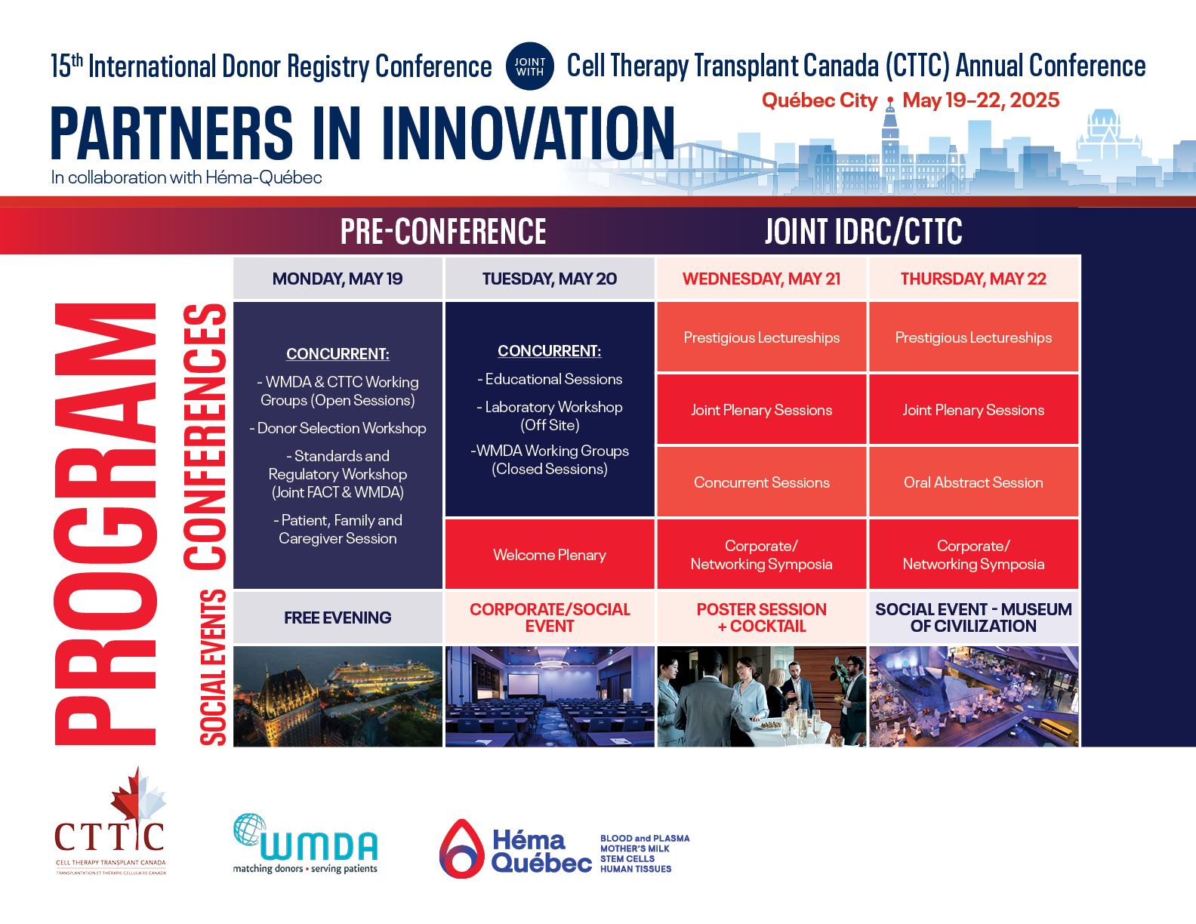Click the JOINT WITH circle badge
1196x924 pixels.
pyautogui.click(x=529, y=66)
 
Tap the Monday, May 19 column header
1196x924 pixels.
pyautogui.click(x=338, y=279)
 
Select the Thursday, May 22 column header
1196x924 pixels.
pyautogui.click(x=973, y=279)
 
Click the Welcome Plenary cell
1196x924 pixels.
pyautogui.click(x=549, y=554)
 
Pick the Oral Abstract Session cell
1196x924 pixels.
pyautogui.click(x=973, y=482)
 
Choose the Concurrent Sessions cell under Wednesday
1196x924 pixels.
pyautogui.click(x=761, y=482)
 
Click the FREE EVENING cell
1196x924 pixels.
pyautogui.click(x=338, y=618)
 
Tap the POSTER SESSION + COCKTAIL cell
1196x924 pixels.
pyautogui.click(x=761, y=618)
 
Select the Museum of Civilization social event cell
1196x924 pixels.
pyautogui.click(x=973, y=618)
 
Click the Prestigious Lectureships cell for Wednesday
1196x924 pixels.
pyautogui.click(x=761, y=337)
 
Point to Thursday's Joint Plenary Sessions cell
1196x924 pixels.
pyautogui.click(x=973, y=409)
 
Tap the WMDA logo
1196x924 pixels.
pyautogui.click(x=306, y=844)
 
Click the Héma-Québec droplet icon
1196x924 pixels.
pyautogui.click(x=461, y=849)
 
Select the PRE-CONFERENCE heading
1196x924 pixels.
pyautogui.click(x=443, y=231)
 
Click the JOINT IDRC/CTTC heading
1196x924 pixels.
pyautogui.click(x=863, y=231)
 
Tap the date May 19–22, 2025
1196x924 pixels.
pyautogui.click(x=981, y=100)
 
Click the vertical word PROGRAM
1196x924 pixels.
pyautogui.click(x=104, y=524)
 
